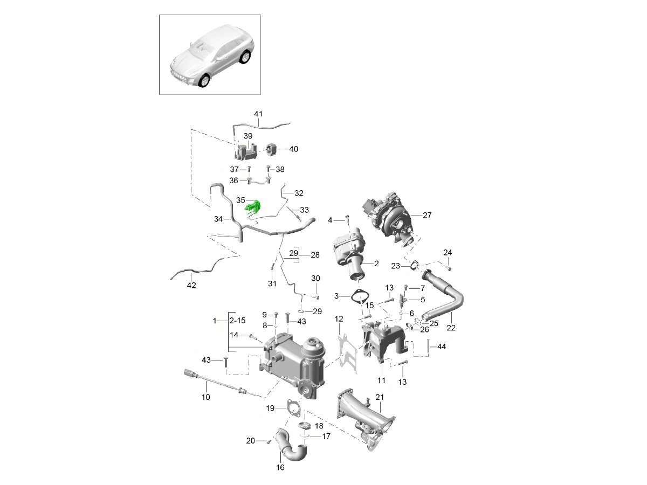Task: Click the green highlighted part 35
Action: [x=253, y=206]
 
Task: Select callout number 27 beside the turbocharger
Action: [x=427, y=215]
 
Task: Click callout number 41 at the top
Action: [x=258, y=114]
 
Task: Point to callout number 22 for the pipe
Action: [x=451, y=328]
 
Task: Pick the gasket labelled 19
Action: [x=293, y=408]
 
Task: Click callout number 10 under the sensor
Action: [x=205, y=397]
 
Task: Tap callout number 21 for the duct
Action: [x=380, y=398]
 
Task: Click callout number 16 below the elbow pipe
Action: [x=280, y=468]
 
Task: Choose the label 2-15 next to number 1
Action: [x=238, y=321]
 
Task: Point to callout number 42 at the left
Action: [x=191, y=285]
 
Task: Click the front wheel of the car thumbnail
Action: [x=204, y=80]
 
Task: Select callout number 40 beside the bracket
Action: [x=293, y=149]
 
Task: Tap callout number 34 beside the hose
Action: [x=218, y=219]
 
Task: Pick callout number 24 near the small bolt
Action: [x=448, y=253]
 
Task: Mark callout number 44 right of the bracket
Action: [x=441, y=347]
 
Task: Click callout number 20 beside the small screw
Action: [x=250, y=441]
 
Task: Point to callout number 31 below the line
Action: [x=272, y=283]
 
